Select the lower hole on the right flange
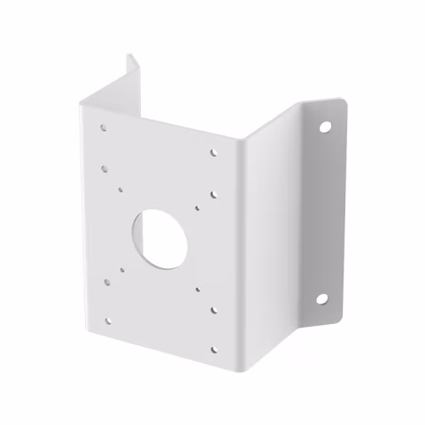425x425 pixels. [321, 298]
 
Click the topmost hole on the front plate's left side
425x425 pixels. [104, 127]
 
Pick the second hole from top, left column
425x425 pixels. [104, 165]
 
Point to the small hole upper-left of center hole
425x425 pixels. [120, 188]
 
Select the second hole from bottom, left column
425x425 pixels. [107, 283]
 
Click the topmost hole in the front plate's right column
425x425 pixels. [213, 152]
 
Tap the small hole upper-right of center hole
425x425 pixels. [197, 209]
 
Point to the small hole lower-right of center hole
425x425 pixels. [197, 288]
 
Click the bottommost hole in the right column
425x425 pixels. [213, 349]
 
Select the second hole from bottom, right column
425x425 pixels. [213, 310]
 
